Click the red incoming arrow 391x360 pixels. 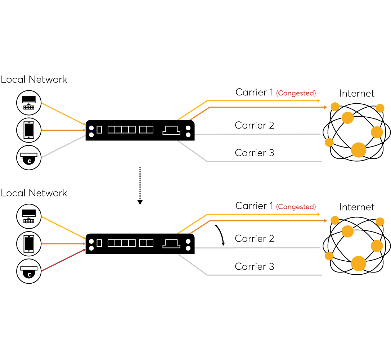(x=63, y=260)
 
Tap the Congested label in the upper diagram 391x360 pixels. (x=296, y=93)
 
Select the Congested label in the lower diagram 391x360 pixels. (x=296, y=207)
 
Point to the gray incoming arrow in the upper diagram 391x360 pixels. (x=63, y=147)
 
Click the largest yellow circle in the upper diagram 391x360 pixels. (x=359, y=150)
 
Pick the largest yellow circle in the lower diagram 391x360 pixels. (x=359, y=264)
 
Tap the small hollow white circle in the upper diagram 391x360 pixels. (x=30, y=161)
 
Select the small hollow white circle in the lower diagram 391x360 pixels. (x=30, y=275)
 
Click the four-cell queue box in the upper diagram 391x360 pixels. (x=122, y=130)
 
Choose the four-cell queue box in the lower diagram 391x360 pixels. (x=122, y=243)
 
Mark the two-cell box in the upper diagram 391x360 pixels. (x=146, y=130)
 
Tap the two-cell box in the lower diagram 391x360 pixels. (x=146, y=243)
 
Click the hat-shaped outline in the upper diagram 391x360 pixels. (x=171, y=130)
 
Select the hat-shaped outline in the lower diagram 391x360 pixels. (x=171, y=244)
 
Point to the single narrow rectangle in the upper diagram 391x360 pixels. (x=99, y=130)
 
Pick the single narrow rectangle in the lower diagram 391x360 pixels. (x=99, y=243)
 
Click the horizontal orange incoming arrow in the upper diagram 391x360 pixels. (x=63, y=130)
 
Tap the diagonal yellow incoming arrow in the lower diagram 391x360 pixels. (x=63, y=228)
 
